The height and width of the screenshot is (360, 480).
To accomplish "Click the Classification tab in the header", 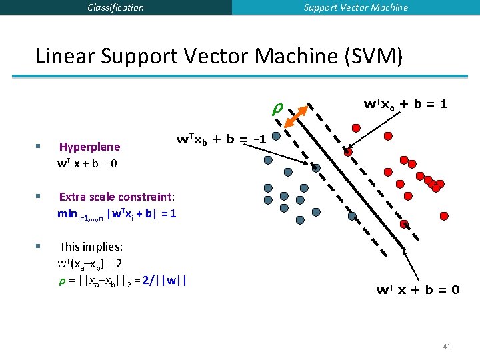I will [115, 7].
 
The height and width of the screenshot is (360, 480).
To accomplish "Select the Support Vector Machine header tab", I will [356, 7].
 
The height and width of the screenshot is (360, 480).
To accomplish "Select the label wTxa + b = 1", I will [405, 105].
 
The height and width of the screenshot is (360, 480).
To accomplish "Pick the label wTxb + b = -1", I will [221, 140].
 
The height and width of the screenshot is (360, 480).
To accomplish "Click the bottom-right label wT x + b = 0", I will [418, 289].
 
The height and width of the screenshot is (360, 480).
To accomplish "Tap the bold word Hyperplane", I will [89, 147].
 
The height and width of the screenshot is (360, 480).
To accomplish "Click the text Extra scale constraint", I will [116, 197].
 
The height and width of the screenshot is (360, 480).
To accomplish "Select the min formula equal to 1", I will [117, 213].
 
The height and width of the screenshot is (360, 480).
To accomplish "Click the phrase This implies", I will [86, 247].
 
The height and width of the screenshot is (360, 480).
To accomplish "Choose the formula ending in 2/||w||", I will [123, 279].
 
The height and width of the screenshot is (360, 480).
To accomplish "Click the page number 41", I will [447, 346].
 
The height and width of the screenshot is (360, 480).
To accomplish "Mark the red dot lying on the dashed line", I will [348, 152].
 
